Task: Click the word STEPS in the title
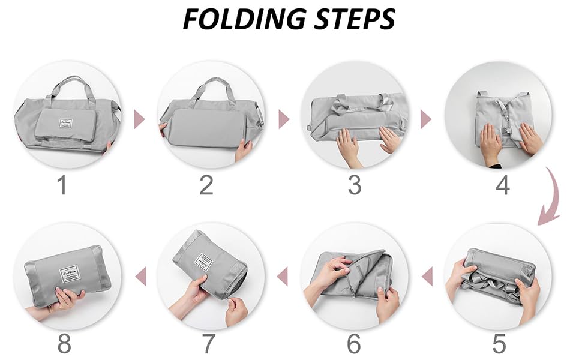point(354,19)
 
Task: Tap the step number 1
point(61,185)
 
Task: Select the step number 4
point(503,185)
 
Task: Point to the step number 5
point(499,344)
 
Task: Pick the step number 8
point(64,344)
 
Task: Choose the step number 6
point(354,344)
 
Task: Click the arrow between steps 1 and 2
point(139,119)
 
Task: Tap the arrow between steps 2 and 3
point(284,119)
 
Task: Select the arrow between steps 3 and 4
point(426,119)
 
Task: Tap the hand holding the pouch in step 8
point(66,298)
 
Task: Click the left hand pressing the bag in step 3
point(347,146)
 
